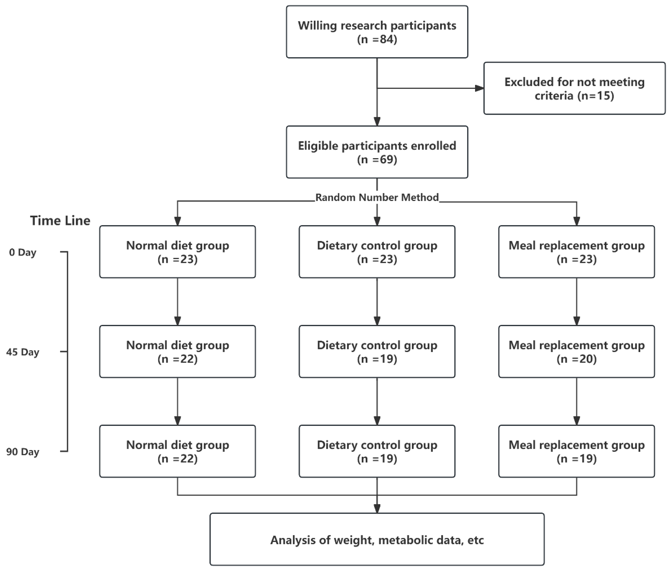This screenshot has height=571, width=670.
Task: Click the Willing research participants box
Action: [x=377, y=32]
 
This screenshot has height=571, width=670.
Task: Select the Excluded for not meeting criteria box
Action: [x=574, y=88]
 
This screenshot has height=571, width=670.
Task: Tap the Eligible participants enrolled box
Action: [x=377, y=152]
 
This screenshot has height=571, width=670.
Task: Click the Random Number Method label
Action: [x=377, y=197]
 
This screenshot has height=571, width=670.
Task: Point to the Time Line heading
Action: [x=60, y=221]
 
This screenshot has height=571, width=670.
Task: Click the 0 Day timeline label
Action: [x=23, y=252]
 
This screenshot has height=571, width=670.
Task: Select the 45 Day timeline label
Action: [x=23, y=352]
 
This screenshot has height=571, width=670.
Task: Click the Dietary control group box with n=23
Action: [x=377, y=252]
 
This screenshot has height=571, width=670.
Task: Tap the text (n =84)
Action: [x=377, y=40]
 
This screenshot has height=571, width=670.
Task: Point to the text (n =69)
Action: [x=377, y=160]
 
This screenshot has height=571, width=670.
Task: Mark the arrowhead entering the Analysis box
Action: [x=377, y=509]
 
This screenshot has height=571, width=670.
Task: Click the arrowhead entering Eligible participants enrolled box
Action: [x=377, y=121]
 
